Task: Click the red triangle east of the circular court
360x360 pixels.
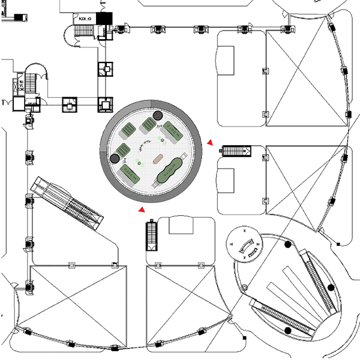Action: click(210, 142)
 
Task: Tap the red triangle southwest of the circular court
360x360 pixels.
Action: click(141, 210)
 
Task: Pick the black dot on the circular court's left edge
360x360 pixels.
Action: click(115, 158)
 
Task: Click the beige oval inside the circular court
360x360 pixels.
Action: click(160, 160)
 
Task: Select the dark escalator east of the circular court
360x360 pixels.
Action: click(236, 151)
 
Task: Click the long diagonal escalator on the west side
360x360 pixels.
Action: click(67, 203)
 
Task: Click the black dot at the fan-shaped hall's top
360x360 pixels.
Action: click(289, 245)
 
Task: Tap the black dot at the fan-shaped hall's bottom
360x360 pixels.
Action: click(288, 331)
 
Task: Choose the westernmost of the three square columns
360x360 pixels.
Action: click(70, 105)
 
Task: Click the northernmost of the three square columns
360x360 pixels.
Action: click(106, 69)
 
